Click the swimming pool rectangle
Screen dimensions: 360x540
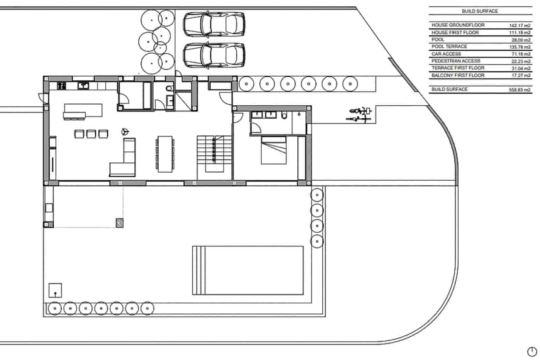pyautogui.click(x=248, y=270)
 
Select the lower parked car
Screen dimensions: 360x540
pyautogui.click(x=214, y=55)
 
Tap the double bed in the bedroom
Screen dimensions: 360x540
pyautogui.click(x=274, y=150)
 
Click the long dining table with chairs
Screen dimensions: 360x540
pyautogui.click(x=165, y=154)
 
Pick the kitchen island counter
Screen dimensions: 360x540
pyautogui.click(x=83, y=111)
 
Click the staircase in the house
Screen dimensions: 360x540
pyautogui.click(x=214, y=154)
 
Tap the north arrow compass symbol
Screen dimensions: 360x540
pyautogui.click(x=532, y=352)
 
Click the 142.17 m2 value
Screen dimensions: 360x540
pyautogui.click(x=520, y=25)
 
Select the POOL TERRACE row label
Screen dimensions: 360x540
pyautogui.click(x=449, y=47)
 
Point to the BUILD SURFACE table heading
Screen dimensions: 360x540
pyautogui.click(x=480, y=11)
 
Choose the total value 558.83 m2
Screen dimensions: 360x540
pyautogui.click(x=520, y=90)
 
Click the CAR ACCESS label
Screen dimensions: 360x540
pyautogui.click(x=446, y=54)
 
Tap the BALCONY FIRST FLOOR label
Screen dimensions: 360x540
pyautogui.click(x=458, y=75)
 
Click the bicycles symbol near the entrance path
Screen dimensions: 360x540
pyautogui.click(x=359, y=114)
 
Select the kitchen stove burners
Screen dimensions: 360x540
pyautogui.click(x=61, y=86)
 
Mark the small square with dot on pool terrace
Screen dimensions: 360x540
pyautogui.click(x=55, y=290)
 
